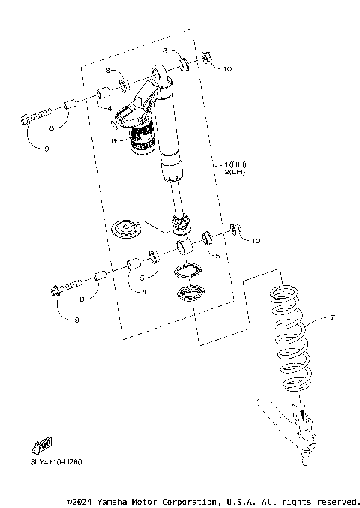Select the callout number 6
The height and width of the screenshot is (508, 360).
click(x=113, y=140)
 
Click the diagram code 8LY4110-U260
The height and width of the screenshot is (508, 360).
click(x=46, y=461)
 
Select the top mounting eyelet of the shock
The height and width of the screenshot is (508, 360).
click(x=162, y=74)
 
